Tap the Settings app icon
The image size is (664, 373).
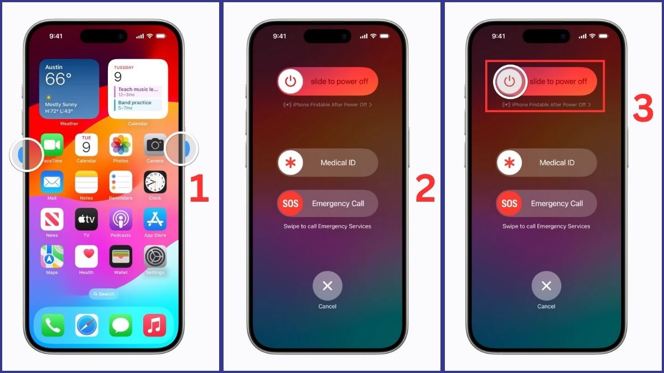155,257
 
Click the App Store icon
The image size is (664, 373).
155,219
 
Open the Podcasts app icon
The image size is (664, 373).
121,219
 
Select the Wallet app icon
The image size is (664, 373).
121,257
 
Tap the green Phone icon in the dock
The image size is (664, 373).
53,325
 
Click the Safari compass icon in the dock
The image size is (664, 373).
87,325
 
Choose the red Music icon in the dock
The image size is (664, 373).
155,325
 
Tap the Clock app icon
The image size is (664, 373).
155,182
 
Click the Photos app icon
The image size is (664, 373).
121,145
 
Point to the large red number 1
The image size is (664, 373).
199,189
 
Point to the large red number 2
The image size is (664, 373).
425,189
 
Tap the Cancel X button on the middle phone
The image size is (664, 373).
328,286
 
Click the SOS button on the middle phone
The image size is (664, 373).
290,203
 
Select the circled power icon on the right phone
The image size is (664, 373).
509,81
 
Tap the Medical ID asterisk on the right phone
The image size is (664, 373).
509,162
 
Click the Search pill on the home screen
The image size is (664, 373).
103,294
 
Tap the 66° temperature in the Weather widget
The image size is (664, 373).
58,80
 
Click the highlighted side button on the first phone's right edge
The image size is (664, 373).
183,148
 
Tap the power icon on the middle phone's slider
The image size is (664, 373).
290,81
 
